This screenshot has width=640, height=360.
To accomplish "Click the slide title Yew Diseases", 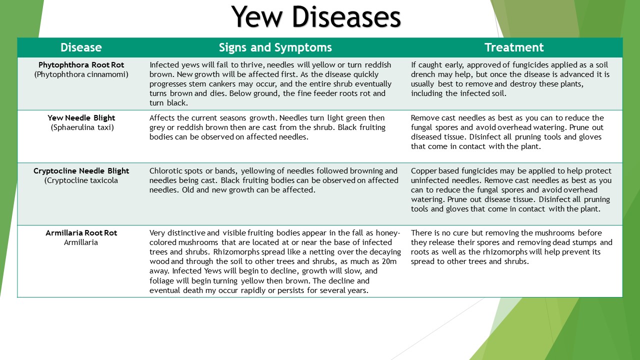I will (316, 17).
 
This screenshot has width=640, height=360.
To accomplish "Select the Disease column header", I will (81, 47).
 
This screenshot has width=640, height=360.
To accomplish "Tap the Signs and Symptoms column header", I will (275, 47).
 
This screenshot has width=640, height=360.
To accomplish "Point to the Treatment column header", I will (514, 47).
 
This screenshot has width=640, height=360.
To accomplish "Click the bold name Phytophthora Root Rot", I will (81, 65).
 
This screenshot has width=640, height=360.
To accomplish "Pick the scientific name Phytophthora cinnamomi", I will (81, 74).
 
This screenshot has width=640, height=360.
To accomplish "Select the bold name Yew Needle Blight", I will (81, 118).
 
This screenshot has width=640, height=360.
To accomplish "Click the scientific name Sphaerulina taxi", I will (81, 127).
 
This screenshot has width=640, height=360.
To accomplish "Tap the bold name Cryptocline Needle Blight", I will (81, 171).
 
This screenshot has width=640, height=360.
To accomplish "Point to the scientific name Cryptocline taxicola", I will (81, 180).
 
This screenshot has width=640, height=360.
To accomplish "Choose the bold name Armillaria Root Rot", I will (81, 233).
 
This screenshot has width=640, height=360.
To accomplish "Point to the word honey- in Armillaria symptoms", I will (388, 233).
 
